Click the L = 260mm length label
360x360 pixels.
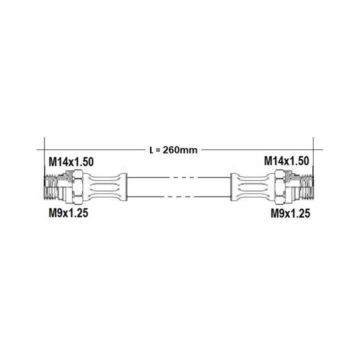coord(173,150)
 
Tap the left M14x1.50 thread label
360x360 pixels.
coord(71,161)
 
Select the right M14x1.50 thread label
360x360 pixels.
coord(286,160)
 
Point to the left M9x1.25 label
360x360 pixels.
coord(68,213)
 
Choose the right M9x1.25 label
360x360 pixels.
coord(290,213)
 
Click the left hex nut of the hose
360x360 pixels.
coord(78,187)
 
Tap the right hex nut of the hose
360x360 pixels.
coord(279,187)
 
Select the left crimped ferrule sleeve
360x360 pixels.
coord(104,187)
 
